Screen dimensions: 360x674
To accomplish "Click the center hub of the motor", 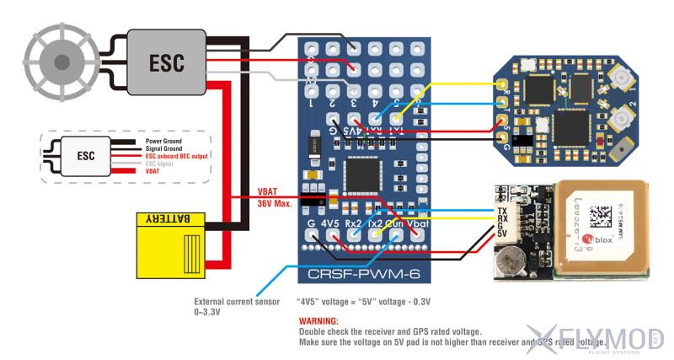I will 62,62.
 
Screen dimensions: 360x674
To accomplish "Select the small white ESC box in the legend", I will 85,156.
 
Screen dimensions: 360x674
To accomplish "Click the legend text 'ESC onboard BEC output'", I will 177,156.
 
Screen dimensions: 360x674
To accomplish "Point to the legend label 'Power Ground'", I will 165,142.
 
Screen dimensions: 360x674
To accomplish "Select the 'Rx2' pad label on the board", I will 355,224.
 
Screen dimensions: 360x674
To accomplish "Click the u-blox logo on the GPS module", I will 601,239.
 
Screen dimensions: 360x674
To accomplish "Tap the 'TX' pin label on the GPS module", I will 502,210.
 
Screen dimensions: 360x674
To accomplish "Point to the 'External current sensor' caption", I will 236,301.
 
